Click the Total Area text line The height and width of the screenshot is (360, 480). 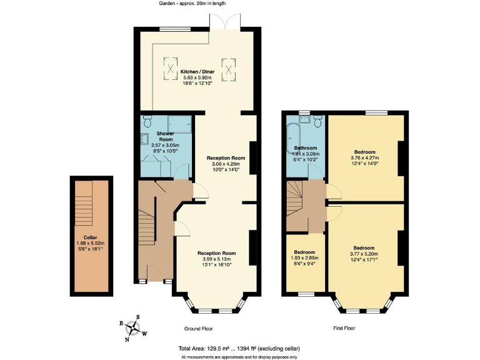pos(240,348)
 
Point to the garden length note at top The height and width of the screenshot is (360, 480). pos(191,4)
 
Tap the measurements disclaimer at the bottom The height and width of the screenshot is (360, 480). pos(240,356)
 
